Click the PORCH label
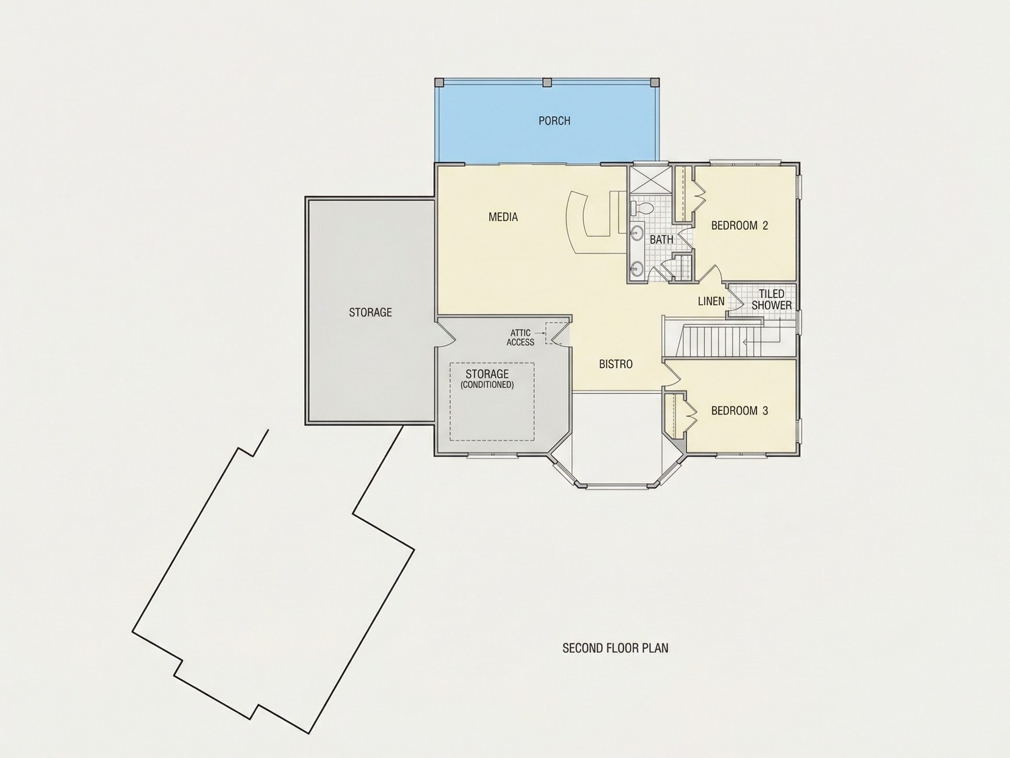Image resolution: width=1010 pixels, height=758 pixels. pyautogui.click(x=554, y=121)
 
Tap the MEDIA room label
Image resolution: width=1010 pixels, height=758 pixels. pyautogui.click(x=503, y=217)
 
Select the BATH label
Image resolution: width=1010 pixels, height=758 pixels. pyautogui.click(x=661, y=240)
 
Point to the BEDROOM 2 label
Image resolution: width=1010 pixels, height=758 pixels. pyautogui.click(x=740, y=225)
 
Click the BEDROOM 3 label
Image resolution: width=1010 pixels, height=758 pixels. pyautogui.click(x=740, y=411)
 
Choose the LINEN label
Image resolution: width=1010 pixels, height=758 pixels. pyautogui.click(x=711, y=301)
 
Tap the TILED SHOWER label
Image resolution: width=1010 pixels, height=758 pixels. pyautogui.click(x=772, y=300)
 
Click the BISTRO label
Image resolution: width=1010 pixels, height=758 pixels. pyautogui.click(x=616, y=364)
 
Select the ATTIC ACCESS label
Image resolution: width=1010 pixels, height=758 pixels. pyautogui.click(x=520, y=338)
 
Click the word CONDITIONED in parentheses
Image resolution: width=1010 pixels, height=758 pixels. pyautogui.click(x=487, y=385)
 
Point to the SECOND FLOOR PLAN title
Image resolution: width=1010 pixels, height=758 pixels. pyautogui.click(x=615, y=648)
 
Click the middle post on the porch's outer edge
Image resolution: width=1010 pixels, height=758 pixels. pyautogui.click(x=547, y=83)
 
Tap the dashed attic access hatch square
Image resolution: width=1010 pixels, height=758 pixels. pyautogui.click(x=553, y=333)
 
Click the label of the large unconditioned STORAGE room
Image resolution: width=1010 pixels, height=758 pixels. pyautogui.click(x=370, y=312)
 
